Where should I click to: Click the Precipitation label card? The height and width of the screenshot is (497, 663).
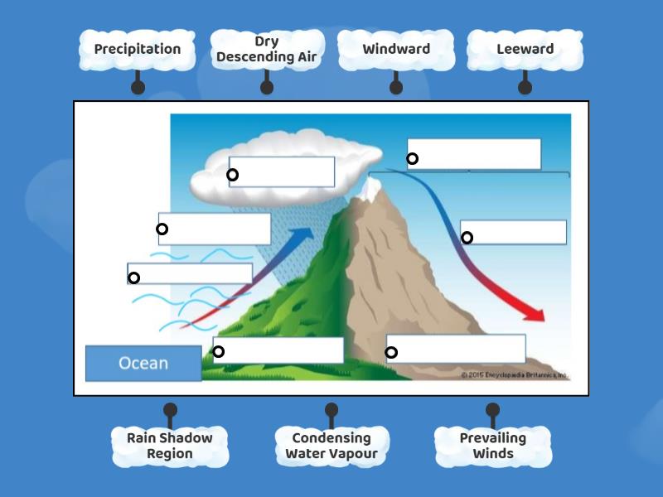[x=137, y=49]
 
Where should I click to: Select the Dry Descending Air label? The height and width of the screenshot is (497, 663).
[x=266, y=50]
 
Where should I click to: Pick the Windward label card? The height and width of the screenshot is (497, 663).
[x=396, y=49]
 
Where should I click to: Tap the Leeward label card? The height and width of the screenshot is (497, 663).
[x=525, y=49]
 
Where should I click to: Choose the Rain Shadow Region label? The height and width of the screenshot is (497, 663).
[x=170, y=446]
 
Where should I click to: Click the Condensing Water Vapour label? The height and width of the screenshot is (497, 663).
[x=331, y=446]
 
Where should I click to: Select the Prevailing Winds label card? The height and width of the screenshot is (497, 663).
[x=492, y=446]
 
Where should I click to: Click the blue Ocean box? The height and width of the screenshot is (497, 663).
[x=143, y=363]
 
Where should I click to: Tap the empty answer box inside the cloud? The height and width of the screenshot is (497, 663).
[x=282, y=172]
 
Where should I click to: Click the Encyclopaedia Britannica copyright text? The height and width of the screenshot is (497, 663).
[x=514, y=375]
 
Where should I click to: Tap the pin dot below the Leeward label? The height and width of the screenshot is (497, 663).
[x=525, y=86]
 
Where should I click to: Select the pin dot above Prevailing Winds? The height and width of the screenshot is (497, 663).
[x=492, y=409]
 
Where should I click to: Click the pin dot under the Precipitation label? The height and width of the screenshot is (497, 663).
[x=138, y=86]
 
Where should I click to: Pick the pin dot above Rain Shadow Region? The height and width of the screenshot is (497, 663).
[x=170, y=409]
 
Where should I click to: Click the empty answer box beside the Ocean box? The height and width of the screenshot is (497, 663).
[x=278, y=350]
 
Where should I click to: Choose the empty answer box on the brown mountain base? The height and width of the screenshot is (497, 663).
[x=456, y=349]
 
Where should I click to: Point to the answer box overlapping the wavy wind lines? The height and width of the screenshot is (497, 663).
[x=190, y=274]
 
